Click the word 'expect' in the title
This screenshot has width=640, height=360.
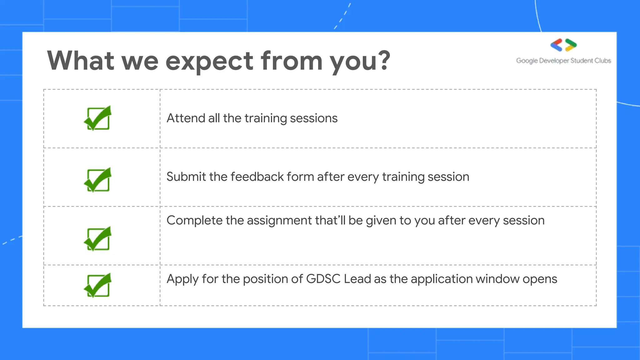click(x=209, y=62)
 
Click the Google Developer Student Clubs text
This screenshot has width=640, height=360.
click(x=563, y=61)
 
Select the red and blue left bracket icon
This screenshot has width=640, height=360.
click(x=556, y=45)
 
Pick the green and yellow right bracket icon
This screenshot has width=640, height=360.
click(x=571, y=45)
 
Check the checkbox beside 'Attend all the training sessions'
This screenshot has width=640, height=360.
click(x=98, y=118)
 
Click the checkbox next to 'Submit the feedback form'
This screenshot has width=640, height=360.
click(x=98, y=180)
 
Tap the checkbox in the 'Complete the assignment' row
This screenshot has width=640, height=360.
click(x=98, y=239)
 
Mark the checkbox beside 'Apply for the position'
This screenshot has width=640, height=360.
click(x=98, y=285)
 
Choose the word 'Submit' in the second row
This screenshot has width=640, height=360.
click(x=186, y=177)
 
